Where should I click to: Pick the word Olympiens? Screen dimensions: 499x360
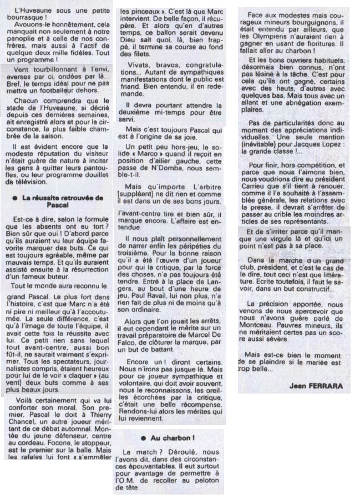(263, 36)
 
